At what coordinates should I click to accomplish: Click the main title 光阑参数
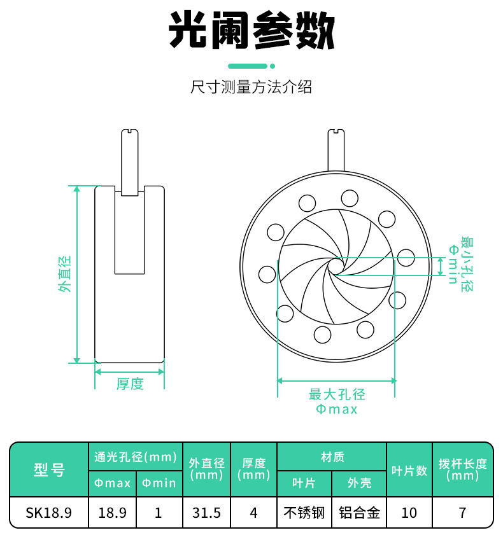point(251,31)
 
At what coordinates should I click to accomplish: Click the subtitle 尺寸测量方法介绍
point(251,87)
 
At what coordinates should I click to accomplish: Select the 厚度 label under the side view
point(130,384)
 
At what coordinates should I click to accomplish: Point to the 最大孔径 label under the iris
point(337,394)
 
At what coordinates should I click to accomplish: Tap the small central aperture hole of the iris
point(335,266)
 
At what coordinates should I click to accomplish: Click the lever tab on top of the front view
point(336,149)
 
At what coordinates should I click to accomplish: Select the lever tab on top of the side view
point(129,162)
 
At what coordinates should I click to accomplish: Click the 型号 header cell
point(49,469)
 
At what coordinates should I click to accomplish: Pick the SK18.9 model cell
point(49,513)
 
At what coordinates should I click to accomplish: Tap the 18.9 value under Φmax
point(112,513)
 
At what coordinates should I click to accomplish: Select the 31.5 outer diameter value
point(207,513)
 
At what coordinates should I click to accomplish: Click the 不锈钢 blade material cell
point(304,513)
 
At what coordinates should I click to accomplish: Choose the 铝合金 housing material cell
point(359,513)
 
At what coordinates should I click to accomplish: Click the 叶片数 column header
point(409,469)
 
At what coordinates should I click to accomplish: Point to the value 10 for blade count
point(409,513)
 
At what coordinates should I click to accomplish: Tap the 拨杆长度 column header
point(463,469)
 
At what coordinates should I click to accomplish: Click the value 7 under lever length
point(463,513)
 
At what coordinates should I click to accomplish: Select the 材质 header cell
point(332,457)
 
